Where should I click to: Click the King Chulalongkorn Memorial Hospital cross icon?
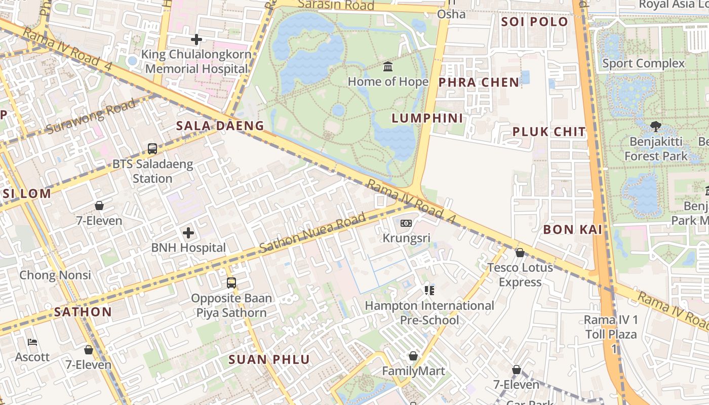click(196, 39)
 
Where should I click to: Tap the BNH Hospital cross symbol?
click(188, 233)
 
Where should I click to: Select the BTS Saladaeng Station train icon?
click(152, 149)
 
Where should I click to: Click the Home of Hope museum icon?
click(388, 66)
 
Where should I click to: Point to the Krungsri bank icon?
click(406, 223)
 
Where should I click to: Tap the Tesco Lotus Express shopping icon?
click(520, 252)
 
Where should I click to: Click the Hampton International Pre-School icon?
click(429, 290)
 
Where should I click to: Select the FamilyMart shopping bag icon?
click(413, 356)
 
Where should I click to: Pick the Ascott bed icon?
click(32, 342)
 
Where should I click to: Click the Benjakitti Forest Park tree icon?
click(655, 126)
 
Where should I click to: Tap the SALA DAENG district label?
click(220, 126)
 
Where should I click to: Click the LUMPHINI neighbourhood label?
click(427, 118)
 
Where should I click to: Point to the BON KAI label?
click(573, 229)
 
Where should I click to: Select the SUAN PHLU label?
click(269, 359)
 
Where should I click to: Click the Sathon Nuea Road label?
click(312, 233)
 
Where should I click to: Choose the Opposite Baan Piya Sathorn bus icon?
click(231, 283)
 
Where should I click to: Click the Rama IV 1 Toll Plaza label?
click(611, 334)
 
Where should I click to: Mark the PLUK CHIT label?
click(549, 132)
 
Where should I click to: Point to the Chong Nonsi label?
click(55, 275)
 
